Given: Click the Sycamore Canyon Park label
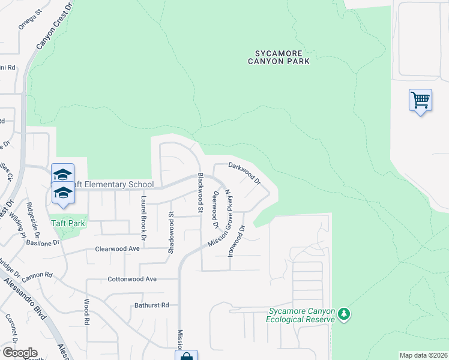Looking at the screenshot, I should [x=280, y=56].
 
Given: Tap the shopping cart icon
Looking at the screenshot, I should [x=420, y=100].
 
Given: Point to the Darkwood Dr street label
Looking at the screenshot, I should [x=244, y=173].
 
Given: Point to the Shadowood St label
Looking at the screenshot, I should [x=171, y=230].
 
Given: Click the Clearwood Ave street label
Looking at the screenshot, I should [x=117, y=248].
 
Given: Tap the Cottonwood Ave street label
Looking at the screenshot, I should [x=131, y=279].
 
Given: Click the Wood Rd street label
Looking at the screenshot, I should [x=86, y=312].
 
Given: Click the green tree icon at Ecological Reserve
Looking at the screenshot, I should [x=343, y=314].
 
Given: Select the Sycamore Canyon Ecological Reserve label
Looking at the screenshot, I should [x=300, y=315].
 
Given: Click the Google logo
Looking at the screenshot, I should [x=19, y=353].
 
